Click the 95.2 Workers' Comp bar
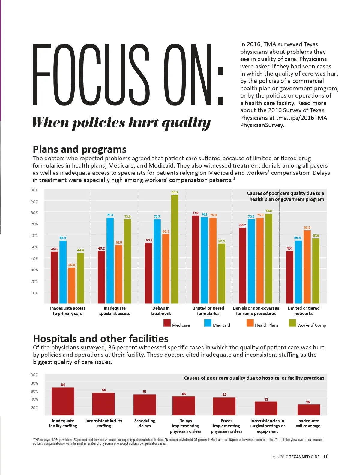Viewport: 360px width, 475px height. pos(175,249)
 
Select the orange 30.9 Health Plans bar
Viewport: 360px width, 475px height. pos(72,285)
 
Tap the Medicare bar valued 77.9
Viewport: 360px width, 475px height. pos(195,259)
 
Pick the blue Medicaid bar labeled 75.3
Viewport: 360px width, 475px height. pos(110,261)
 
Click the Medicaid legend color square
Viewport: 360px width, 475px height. pos(208,323)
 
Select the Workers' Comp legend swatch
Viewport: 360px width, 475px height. pos(292,323)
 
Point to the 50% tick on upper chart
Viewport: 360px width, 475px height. pos(34,247)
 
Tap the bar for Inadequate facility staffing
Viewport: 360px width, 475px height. pos(63,401)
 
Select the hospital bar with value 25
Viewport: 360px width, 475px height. pos(309,410)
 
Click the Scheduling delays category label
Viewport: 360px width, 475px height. pos(145,423)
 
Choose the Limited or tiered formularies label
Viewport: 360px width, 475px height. pos(208,311)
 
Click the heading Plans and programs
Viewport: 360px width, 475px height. pos(79,149)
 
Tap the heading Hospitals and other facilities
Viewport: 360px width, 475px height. pos(101,339)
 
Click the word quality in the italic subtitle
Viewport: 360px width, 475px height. pos(186,123)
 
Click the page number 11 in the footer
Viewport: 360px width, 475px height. pos(325,456)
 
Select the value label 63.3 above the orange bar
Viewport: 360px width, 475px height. pos(307,228)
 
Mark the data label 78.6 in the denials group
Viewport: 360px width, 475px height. pos(269,211)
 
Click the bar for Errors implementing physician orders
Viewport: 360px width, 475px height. pos(224,406)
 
